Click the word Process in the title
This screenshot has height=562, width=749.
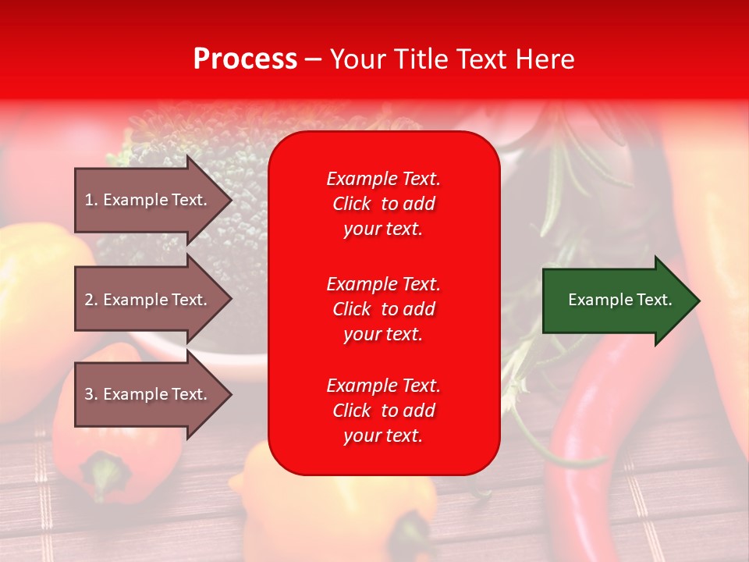(245, 59)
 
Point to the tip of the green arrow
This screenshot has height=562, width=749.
(698, 301)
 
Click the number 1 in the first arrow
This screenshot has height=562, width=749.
(89, 200)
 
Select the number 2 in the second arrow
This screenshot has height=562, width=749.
(89, 300)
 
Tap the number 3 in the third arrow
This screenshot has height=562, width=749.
(89, 394)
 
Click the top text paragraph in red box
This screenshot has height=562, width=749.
(383, 204)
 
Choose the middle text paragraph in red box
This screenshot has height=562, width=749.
(383, 308)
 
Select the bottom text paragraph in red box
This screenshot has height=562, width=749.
(383, 411)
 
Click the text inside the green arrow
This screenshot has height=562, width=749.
(619, 300)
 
